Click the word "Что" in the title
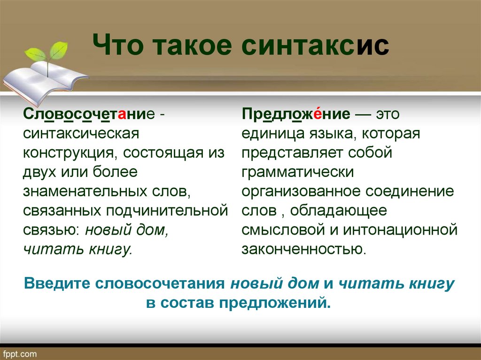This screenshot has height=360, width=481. click(x=118, y=46)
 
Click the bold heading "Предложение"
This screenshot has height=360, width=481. click(x=296, y=115)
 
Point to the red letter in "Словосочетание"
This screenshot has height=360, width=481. click(x=122, y=115)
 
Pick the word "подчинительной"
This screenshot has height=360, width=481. click(x=167, y=211)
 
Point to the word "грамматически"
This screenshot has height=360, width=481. click(x=297, y=172)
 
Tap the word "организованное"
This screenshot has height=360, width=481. click(x=301, y=191)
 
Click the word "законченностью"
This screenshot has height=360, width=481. click(x=304, y=249)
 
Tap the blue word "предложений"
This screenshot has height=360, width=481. click(x=275, y=303)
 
